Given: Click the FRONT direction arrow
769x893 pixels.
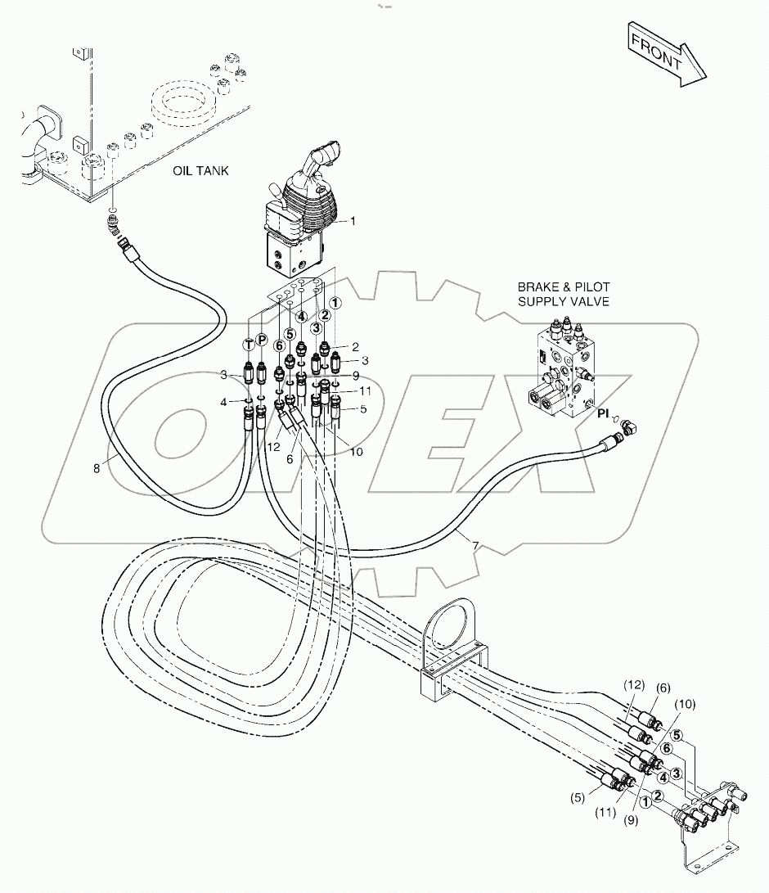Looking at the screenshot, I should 667,55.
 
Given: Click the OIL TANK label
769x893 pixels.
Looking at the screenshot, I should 201,171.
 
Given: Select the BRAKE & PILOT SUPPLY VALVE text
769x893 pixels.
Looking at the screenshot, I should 563,295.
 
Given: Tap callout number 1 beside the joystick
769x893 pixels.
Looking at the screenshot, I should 353,221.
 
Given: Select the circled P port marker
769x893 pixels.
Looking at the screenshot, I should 262,340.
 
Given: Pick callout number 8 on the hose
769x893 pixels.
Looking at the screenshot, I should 97,468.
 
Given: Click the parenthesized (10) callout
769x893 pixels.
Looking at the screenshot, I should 685,704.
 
